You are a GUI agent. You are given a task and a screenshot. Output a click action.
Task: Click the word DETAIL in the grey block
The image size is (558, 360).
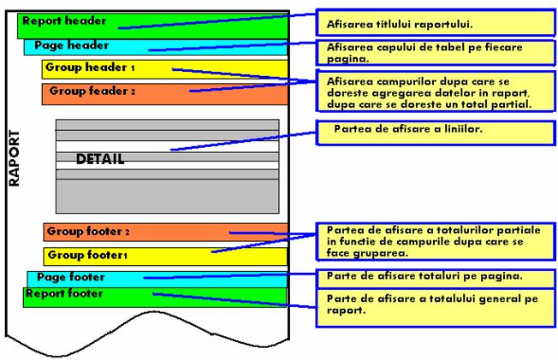[100, 159]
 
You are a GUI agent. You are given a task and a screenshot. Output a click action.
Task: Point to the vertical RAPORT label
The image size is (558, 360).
[14, 158]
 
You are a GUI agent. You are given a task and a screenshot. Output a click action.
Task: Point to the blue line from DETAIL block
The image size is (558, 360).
[248, 139]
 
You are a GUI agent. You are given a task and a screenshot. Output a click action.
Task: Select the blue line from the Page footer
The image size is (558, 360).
[231, 276]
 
